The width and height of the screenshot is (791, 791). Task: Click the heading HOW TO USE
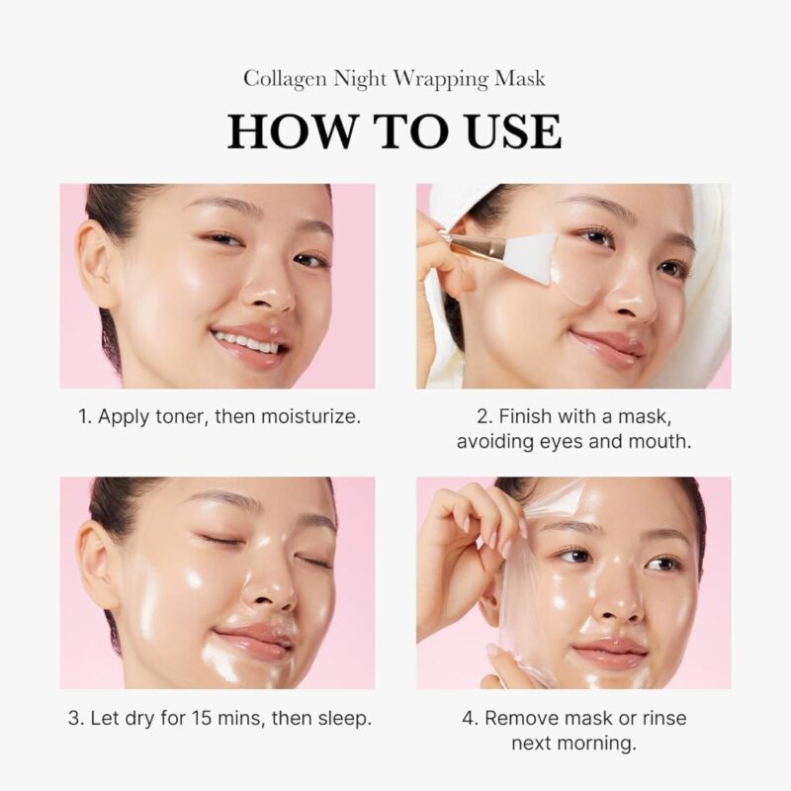coord(395,132)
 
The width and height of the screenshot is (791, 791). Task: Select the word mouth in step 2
coord(659,442)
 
